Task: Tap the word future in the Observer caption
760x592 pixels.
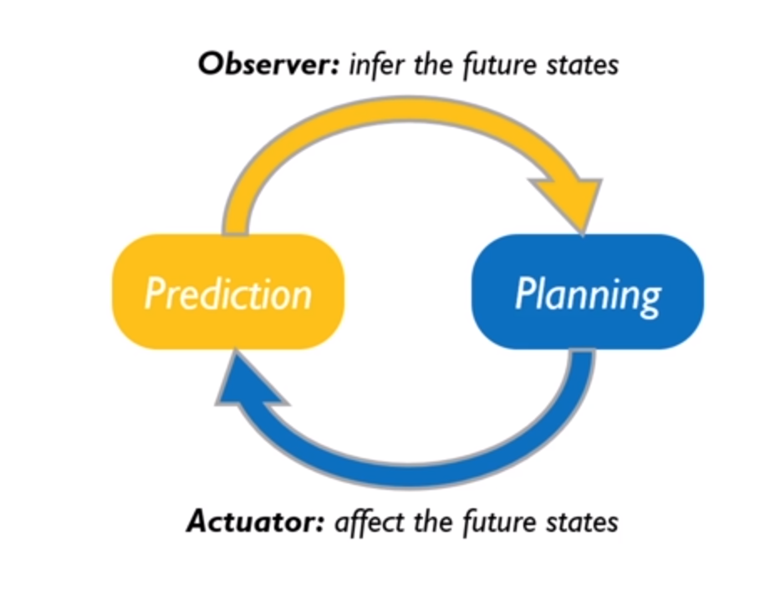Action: pos(496,64)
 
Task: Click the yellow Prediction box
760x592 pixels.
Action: pos(228,292)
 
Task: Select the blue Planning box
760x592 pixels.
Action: pos(587,292)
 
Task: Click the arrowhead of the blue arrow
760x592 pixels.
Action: pos(247,385)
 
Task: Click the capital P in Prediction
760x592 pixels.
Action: pos(156,293)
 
